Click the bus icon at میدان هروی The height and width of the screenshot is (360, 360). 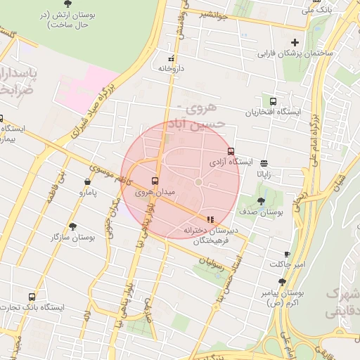coord(155,181)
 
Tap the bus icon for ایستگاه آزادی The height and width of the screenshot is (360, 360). coord(231,151)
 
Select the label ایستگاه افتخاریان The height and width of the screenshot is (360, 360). coord(272,112)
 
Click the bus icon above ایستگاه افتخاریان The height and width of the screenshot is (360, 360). coord(273,101)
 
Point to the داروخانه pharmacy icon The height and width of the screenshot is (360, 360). coord(171,58)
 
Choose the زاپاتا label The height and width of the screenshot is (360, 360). coord(264,173)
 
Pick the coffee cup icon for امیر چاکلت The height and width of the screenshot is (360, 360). coord(287,254)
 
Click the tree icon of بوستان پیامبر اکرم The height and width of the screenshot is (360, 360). coord(282,282)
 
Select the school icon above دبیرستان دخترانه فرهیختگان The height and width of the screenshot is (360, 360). coord(210,219)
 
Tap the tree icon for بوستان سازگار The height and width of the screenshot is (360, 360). coord(72,226)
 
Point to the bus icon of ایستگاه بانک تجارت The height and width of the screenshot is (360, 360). coord(31,297)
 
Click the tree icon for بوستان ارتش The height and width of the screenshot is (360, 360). coord(67,4)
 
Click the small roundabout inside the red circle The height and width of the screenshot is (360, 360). coord(199,183)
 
